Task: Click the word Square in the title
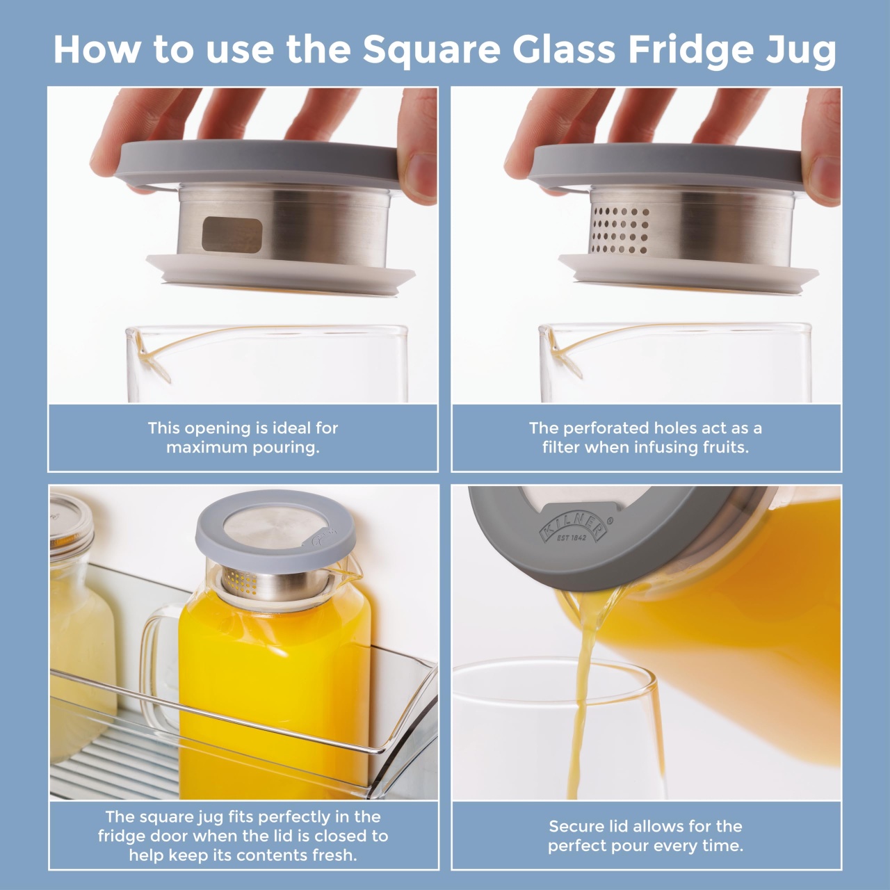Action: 432,50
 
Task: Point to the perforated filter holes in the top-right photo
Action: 621,229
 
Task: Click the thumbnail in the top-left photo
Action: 421,178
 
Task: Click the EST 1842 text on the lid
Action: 572,537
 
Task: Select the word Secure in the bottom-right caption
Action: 577,826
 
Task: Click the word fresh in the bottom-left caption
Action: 334,855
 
